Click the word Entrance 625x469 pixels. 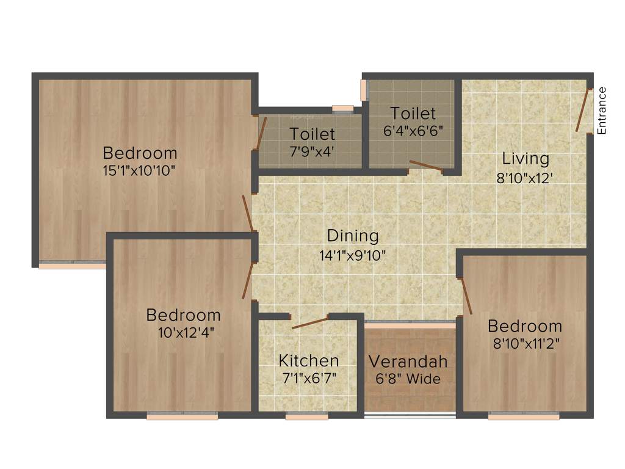(602, 111)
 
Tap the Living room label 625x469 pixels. (526, 159)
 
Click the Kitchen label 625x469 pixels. (309, 360)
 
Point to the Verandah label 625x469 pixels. (408, 361)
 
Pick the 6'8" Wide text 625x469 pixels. (408, 379)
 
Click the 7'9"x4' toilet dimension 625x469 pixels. (311, 151)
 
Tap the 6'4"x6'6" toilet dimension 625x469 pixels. (413, 131)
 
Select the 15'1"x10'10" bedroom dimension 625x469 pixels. (140, 170)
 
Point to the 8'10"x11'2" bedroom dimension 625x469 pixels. (524, 343)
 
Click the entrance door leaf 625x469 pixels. (583, 111)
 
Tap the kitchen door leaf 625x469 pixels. (310, 322)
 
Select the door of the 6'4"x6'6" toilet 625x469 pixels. (426, 165)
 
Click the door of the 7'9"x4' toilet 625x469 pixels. (261, 133)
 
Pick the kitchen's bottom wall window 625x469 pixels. (306, 416)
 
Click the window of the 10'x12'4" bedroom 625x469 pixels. (182, 416)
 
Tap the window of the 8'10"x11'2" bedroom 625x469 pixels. (524, 416)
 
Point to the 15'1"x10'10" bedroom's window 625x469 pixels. (72, 266)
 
